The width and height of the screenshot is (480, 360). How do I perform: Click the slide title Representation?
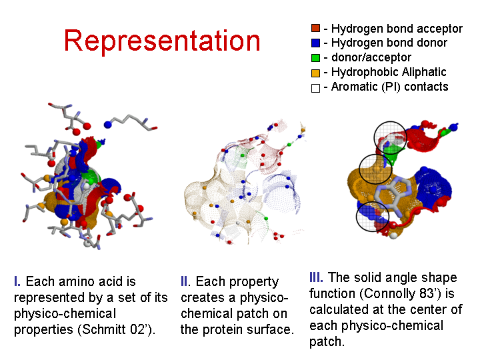coord(162,41)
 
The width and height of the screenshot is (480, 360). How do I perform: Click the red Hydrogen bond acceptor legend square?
coord(315,28)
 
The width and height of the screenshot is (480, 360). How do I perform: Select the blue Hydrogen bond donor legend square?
coord(315,43)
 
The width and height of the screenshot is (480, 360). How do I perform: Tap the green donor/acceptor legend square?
coord(315,57)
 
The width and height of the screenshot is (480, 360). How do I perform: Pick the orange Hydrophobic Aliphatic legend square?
coord(315,73)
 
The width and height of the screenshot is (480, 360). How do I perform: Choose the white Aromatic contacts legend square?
coord(315,88)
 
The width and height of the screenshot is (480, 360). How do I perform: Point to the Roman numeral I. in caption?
coord(17,281)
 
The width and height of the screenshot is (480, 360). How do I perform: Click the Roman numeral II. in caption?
coord(185,281)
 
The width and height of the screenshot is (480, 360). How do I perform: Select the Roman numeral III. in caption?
coord(316,277)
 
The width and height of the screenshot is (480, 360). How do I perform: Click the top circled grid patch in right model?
coord(390,137)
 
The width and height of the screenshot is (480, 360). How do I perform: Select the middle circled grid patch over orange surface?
coord(375,169)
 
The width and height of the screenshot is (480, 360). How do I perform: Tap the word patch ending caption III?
coord(326,341)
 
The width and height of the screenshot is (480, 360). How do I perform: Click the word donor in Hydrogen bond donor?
coord(431,43)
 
